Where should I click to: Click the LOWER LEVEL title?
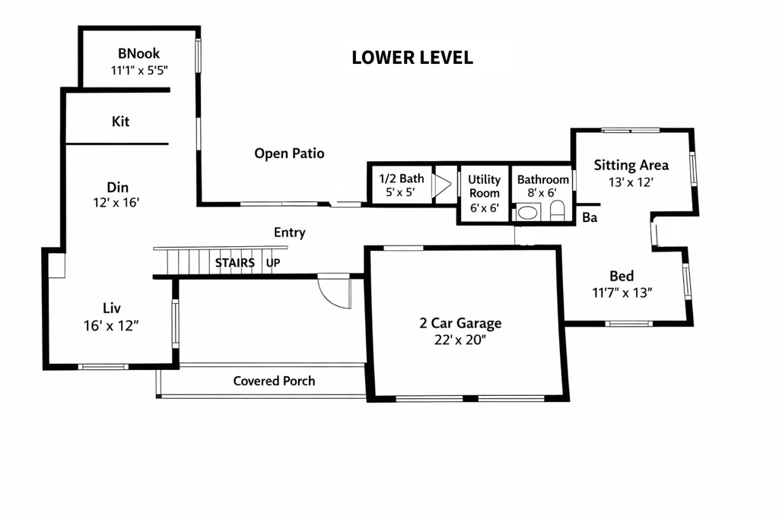pos(412,58)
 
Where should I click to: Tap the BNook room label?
pos(138,54)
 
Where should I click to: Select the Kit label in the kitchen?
pos(120,122)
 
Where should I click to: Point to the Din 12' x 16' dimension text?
pos(116,203)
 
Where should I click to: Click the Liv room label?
pos(112,308)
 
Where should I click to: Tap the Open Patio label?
pos(289,153)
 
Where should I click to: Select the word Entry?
pos(289,233)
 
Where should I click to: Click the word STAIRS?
pos(234,263)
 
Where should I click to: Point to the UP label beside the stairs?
pos(272,263)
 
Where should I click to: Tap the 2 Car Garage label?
pos(460,323)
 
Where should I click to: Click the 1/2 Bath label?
pos(402,179)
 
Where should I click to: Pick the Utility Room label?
pos(484,186)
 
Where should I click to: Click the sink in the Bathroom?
pos(527,213)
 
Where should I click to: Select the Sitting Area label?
pos(631,165)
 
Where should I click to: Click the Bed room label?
pos(622,276)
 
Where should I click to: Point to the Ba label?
pos(588,218)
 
